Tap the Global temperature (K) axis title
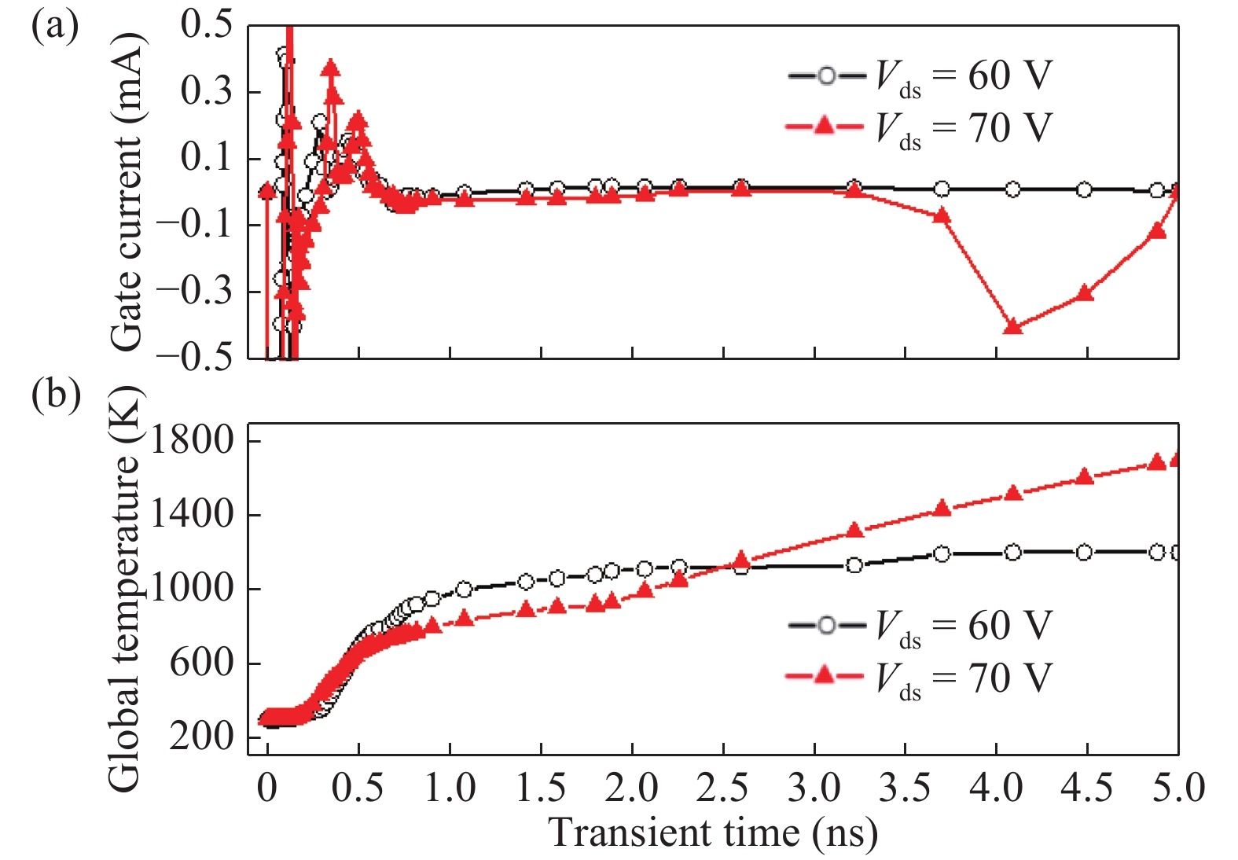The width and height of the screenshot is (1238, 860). [124, 590]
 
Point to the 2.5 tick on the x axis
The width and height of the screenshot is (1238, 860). [722, 788]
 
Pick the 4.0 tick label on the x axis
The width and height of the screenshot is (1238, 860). [995, 788]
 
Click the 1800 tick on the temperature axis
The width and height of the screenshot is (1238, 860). [192, 440]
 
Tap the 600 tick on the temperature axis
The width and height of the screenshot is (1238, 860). [202, 663]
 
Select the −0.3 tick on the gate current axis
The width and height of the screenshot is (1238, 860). [194, 292]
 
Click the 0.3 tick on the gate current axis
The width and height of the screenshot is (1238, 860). [206, 92]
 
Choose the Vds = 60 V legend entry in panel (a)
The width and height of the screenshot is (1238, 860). [920, 76]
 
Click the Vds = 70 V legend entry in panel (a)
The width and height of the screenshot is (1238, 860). [920, 127]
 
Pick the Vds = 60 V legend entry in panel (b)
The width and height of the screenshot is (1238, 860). [920, 627]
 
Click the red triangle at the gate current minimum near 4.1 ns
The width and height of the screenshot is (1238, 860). [1013, 326]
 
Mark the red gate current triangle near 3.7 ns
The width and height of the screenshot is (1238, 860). [942, 215]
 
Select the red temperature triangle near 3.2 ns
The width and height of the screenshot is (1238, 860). [854, 531]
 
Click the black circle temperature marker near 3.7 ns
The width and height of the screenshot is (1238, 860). [942, 554]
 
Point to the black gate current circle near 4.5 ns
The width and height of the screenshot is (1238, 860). [1084, 189]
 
